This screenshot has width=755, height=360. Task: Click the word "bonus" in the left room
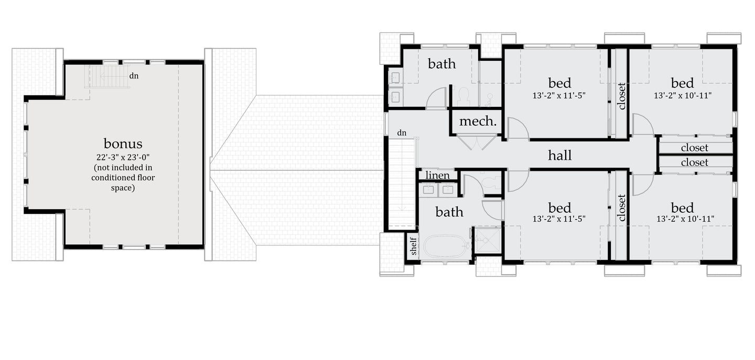[x=123, y=144]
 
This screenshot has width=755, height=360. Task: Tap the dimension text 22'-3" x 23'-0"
[x=123, y=157]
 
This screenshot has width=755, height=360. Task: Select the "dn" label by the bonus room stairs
[x=134, y=76]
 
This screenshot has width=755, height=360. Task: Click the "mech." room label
[x=478, y=122]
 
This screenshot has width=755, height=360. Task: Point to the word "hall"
[x=559, y=155]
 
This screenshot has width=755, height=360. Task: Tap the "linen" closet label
[x=438, y=175]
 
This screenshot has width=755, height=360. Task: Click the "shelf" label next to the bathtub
[x=413, y=246]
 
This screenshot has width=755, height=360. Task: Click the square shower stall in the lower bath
[x=488, y=241]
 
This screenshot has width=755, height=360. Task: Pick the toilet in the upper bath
[x=464, y=96]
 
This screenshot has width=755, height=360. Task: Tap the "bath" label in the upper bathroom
[x=442, y=64]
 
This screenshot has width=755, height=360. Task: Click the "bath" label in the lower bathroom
[x=449, y=212]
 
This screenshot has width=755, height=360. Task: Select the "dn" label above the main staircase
[x=402, y=133]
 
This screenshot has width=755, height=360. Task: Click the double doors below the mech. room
[x=477, y=141]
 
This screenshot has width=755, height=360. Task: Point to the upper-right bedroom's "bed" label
[x=682, y=83]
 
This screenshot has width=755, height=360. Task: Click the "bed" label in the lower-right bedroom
[x=682, y=208]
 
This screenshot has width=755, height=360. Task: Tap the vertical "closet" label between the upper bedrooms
[x=622, y=96]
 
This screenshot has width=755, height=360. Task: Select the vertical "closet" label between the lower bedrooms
[x=622, y=208]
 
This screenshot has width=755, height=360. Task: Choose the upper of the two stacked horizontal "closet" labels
[x=695, y=148]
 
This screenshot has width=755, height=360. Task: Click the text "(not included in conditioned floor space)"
[x=123, y=178]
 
